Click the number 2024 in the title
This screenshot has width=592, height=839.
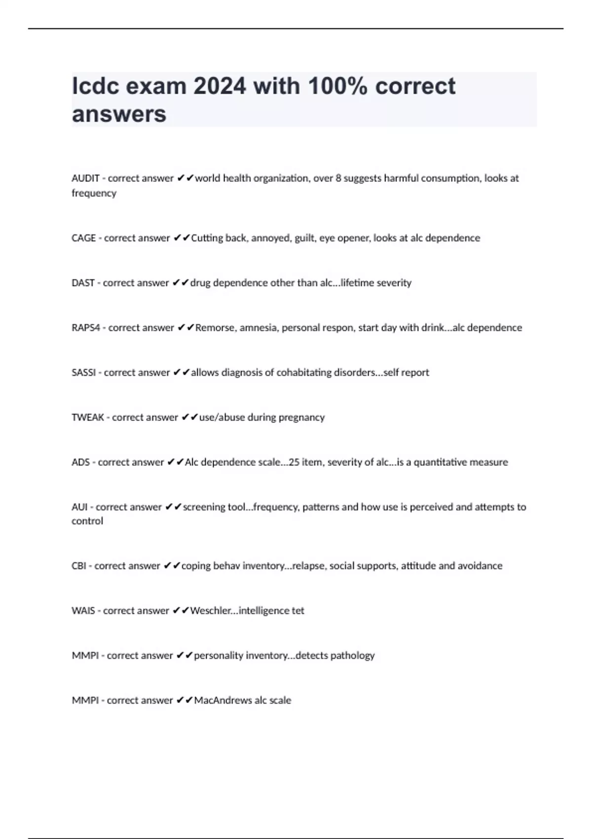coord(219,86)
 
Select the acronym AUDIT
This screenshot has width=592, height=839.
coord(85,178)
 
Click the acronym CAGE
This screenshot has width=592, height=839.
coord(83,238)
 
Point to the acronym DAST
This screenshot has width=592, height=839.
coord(83,283)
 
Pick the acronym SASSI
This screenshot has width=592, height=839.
coord(83,373)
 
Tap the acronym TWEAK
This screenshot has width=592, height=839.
coord(88,418)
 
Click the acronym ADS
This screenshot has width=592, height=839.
coord(80,462)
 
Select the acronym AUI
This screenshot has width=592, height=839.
coord(79,507)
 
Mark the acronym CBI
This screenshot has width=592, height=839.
coord(79,566)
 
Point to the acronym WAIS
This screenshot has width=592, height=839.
coord(83,610)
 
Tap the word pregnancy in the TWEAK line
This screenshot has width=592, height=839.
coord(301,418)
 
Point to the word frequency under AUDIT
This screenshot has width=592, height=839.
coord(94,193)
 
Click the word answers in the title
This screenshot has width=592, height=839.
coord(119,114)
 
